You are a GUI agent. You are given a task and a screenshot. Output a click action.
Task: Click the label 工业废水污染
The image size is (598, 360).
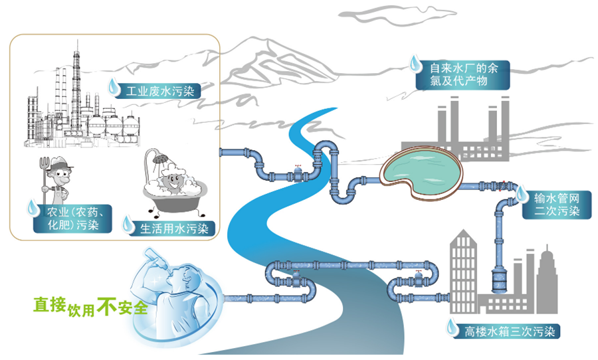[x=159, y=92]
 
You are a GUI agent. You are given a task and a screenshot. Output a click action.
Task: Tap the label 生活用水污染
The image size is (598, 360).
[x=174, y=228]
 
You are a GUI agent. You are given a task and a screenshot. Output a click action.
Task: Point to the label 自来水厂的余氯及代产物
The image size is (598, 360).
[x=464, y=75]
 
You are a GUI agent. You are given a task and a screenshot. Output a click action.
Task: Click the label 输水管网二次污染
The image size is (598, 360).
[x=556, y=205]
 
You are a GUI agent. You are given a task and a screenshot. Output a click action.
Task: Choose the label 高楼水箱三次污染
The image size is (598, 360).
[x=510, y=331]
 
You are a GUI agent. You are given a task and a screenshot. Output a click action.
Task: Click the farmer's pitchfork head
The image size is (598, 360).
[x=45, y=163]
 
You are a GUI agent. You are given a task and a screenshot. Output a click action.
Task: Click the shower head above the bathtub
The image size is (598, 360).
[x=161, y=158]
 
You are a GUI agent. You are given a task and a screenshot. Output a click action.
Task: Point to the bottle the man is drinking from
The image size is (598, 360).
[x=156, y=259]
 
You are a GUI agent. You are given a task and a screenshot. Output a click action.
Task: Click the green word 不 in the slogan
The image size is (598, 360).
[x=107, y=306]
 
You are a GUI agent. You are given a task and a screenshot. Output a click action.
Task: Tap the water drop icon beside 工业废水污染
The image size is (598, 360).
[x=114, y=86]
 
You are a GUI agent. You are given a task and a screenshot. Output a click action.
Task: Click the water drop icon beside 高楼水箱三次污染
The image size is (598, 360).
[x=452, y=327]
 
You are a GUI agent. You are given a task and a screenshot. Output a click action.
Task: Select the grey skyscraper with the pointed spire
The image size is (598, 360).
[x=548, y=280]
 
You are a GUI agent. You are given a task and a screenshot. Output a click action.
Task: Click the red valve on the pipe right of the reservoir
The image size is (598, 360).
[x=502, y=186]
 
